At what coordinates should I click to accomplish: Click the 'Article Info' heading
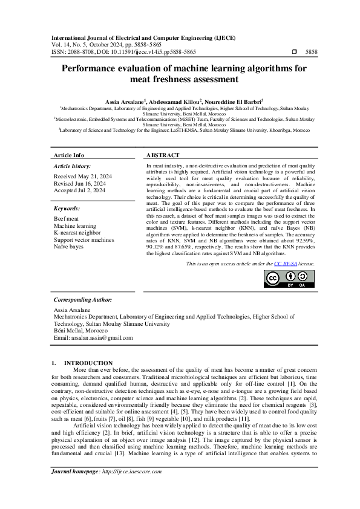click(69, 155)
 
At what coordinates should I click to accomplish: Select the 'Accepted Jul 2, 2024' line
click(79, 190)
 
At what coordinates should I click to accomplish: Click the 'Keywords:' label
click(68, 209)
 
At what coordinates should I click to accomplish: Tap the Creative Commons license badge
click(289, 279)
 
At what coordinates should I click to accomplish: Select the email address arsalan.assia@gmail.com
click(93, 337)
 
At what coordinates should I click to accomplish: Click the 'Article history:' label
click(73, 166)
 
